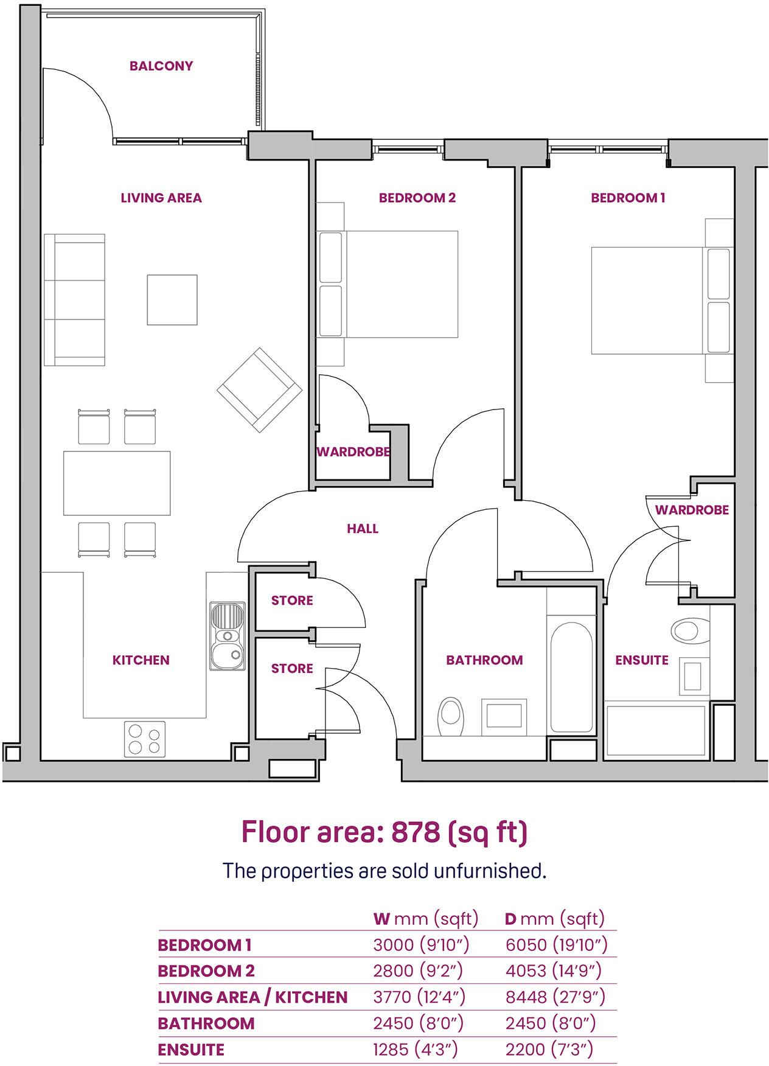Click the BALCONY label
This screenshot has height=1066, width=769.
point(161,66)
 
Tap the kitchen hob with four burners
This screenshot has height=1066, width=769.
point(145,739)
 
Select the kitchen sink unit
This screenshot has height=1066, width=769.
point(228,636)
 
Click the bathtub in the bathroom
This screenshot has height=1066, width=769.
point(571,677)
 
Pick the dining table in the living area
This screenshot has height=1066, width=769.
point(117,482)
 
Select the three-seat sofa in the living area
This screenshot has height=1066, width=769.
point(74,299)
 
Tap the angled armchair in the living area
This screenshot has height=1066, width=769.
point(260,390)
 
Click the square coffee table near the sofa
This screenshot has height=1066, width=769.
point(172,299)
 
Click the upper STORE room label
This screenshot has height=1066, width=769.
point(292,601)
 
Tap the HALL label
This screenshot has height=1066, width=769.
point(363,529)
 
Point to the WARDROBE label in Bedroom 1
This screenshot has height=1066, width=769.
point(692,510)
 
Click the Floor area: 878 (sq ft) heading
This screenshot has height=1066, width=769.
point(384,832)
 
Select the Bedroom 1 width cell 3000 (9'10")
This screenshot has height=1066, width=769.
point(421,944)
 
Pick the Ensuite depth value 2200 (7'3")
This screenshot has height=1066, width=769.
point(549,1049)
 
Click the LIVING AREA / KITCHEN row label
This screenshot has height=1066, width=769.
point(252,997)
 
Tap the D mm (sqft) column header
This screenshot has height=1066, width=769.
point(554,918)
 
